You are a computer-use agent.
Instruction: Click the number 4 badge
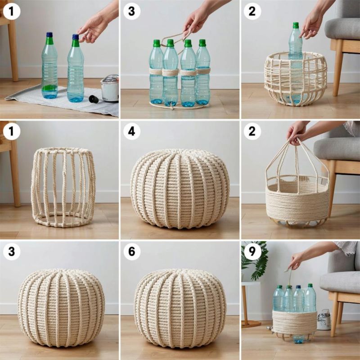tap(132, 131)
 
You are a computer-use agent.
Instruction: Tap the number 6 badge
tap(132, 252)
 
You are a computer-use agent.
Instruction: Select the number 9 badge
tap(252, 252)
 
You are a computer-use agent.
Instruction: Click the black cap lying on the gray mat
tap(94, 99)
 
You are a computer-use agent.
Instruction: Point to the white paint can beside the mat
tap(110, 88)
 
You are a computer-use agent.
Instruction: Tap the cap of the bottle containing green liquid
tap(49, 35)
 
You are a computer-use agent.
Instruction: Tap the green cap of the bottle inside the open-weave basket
tap(296, 25)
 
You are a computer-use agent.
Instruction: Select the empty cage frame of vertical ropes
tap(63, 187)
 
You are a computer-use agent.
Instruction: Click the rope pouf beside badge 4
tap(180, 189)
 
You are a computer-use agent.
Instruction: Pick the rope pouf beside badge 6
tap(180, 308)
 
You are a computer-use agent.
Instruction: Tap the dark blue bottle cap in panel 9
tap(298, 287)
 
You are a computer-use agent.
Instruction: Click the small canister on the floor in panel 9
tap(324, 319)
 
